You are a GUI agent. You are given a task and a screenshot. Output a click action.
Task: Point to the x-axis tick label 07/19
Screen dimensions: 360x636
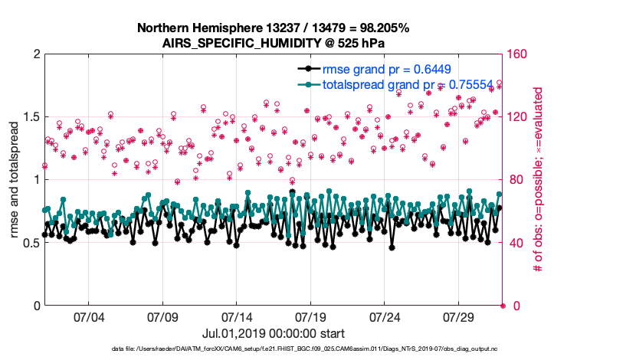pos(310,317)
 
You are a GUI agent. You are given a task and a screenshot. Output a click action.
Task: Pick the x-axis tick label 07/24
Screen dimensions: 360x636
pos(385,317)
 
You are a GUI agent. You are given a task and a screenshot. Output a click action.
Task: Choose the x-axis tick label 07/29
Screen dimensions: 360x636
pos(459,317)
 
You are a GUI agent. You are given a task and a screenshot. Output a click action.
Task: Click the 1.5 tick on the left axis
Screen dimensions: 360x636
pos(29,117)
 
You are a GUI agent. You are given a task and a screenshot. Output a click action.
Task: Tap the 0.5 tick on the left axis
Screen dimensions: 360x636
pos(29,243)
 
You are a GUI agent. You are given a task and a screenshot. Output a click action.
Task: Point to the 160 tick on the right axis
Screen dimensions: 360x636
pos(517,54)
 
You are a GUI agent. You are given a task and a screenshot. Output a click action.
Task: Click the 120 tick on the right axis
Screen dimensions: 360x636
pos(517,117)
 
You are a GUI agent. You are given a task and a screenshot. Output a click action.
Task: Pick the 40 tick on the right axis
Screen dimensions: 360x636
pos(514,243)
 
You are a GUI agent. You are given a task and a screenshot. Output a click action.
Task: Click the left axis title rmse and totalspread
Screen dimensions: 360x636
pos(15,181)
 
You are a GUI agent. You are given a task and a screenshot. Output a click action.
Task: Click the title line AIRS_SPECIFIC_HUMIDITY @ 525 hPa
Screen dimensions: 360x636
pos(274,43)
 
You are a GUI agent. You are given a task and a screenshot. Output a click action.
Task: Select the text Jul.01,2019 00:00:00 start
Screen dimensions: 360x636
pos(274,334)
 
